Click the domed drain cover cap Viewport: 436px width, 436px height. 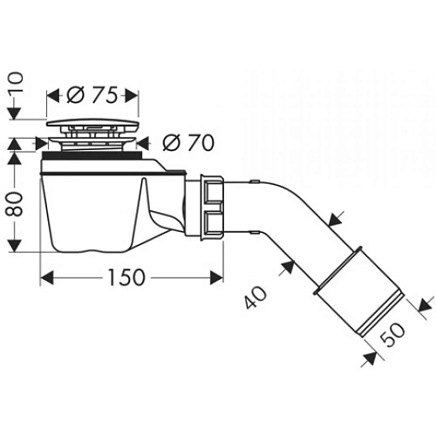pyautogui.click(x=92, y=123)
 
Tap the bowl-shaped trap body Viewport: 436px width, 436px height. pyautogui.click(x=96, y=205)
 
